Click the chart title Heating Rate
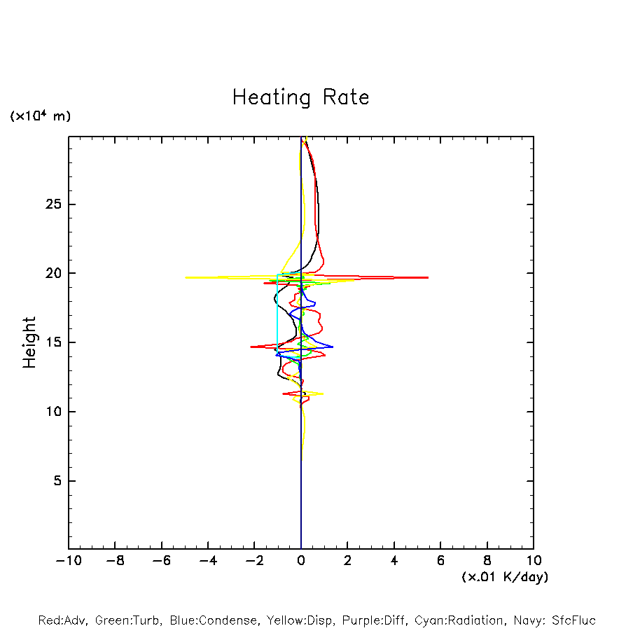pyautogui.click(x=300, y=97)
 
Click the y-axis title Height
pyautogui.click(x=29, y=342)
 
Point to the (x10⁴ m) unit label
pyautogui.click(x=40, y=116)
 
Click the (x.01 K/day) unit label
pyautogui.click(x=504, y=577)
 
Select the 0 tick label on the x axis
pyautogui.click(x=301, y=561)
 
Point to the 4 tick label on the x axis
pyautogui.click(x=394, y=561)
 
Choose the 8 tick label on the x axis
pyautogui.click(x=487, y=561)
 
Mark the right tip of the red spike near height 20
pyautogui.click(x=428, y=278)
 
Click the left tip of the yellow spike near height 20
pyautogui.click(x=186, y=278)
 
